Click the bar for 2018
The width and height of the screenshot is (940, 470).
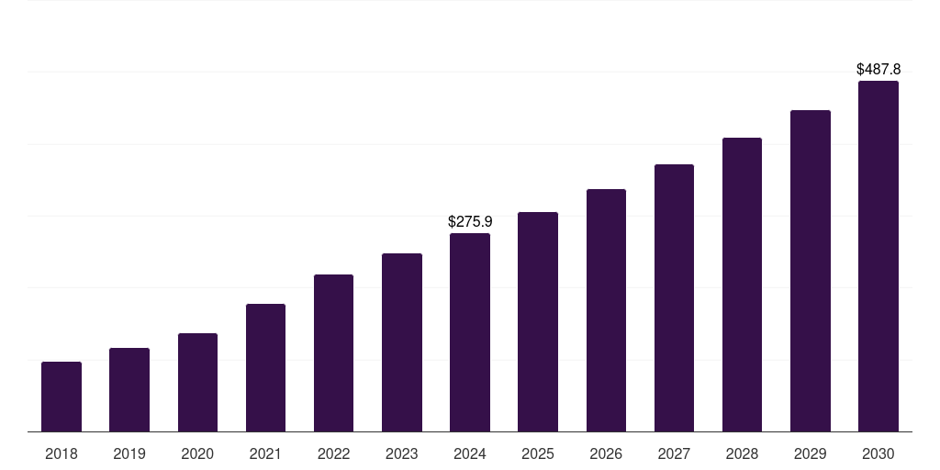62,397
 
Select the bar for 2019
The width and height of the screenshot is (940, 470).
129,390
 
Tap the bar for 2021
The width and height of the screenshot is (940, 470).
265,367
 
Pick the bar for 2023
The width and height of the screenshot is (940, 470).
402,342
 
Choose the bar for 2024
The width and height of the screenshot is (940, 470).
470,332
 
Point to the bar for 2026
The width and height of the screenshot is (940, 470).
606,310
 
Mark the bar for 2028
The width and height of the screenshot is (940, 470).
742,285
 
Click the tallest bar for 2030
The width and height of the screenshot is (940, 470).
878,256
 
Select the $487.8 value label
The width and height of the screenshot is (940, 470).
878,70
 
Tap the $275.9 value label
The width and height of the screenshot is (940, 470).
470,222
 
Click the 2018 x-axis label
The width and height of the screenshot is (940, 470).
62,453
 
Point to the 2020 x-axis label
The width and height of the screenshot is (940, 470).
197,453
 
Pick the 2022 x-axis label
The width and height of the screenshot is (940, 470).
333,453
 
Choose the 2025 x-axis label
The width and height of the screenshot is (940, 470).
538,453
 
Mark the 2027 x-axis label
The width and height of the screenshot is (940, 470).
674,453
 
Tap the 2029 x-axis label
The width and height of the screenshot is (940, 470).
810,453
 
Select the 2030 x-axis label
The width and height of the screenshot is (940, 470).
878,453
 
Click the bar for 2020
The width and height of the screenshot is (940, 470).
197,383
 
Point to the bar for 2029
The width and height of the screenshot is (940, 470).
810,271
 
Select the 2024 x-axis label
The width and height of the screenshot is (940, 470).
470,453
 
